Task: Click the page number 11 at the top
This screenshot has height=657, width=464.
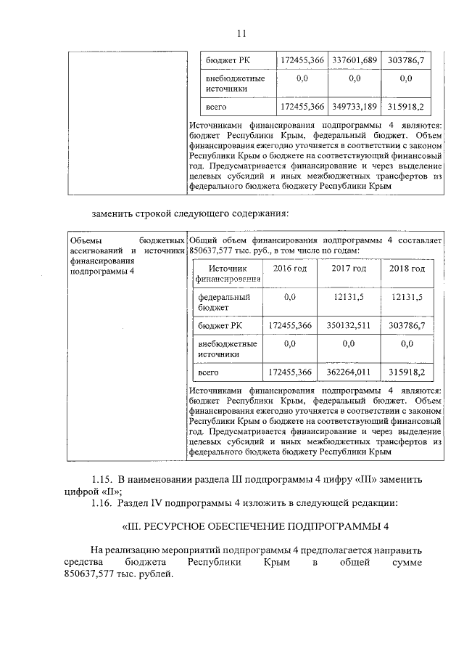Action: point(242,33)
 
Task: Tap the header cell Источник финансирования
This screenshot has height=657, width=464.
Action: point(228,273)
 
